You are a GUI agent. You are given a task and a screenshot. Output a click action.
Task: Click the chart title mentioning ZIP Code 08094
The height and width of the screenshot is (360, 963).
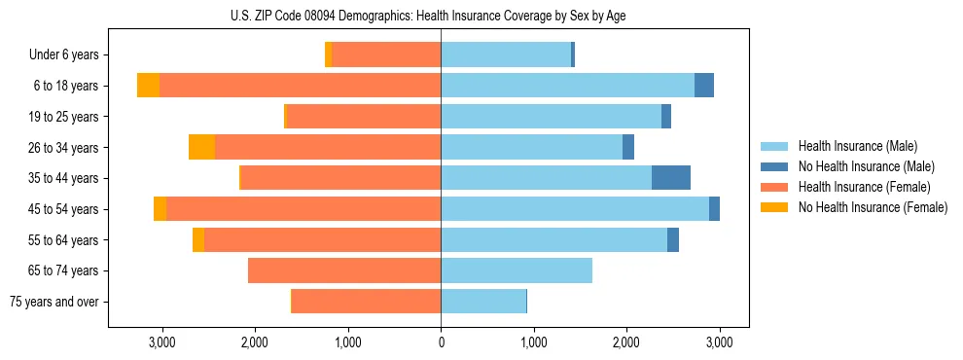[481, 16]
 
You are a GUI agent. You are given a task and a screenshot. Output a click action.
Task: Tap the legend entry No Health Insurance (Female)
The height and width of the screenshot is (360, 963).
[873, 207]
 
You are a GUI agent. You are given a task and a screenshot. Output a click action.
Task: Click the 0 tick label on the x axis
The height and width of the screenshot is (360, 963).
[441, 342]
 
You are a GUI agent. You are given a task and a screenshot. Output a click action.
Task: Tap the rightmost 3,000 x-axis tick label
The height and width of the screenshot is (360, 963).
[719, 342]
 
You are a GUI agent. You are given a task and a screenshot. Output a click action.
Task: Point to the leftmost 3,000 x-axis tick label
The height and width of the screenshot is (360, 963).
[161, 342]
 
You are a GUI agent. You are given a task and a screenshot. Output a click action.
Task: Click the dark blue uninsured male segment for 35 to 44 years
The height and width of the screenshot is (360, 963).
[670, 178]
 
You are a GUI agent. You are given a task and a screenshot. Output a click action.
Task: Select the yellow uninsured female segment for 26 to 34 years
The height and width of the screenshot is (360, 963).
[201, 147]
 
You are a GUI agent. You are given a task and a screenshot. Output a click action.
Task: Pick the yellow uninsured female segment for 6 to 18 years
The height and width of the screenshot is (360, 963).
[148, 86]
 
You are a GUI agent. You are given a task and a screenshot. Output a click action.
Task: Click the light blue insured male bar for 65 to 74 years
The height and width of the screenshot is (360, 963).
[517, 270]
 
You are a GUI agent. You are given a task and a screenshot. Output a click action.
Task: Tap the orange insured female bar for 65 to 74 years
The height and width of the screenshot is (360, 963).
[344, 270]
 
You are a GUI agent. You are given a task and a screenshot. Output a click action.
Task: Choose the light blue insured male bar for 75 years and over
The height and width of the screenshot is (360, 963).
[483, 302]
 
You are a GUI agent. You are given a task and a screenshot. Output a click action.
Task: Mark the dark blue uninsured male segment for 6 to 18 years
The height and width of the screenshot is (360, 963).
[703, 86]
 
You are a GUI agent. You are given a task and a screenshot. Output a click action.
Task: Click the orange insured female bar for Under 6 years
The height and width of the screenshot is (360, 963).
[386, 55]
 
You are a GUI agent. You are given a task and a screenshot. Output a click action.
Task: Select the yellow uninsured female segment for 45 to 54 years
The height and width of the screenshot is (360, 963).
[160, 209]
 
